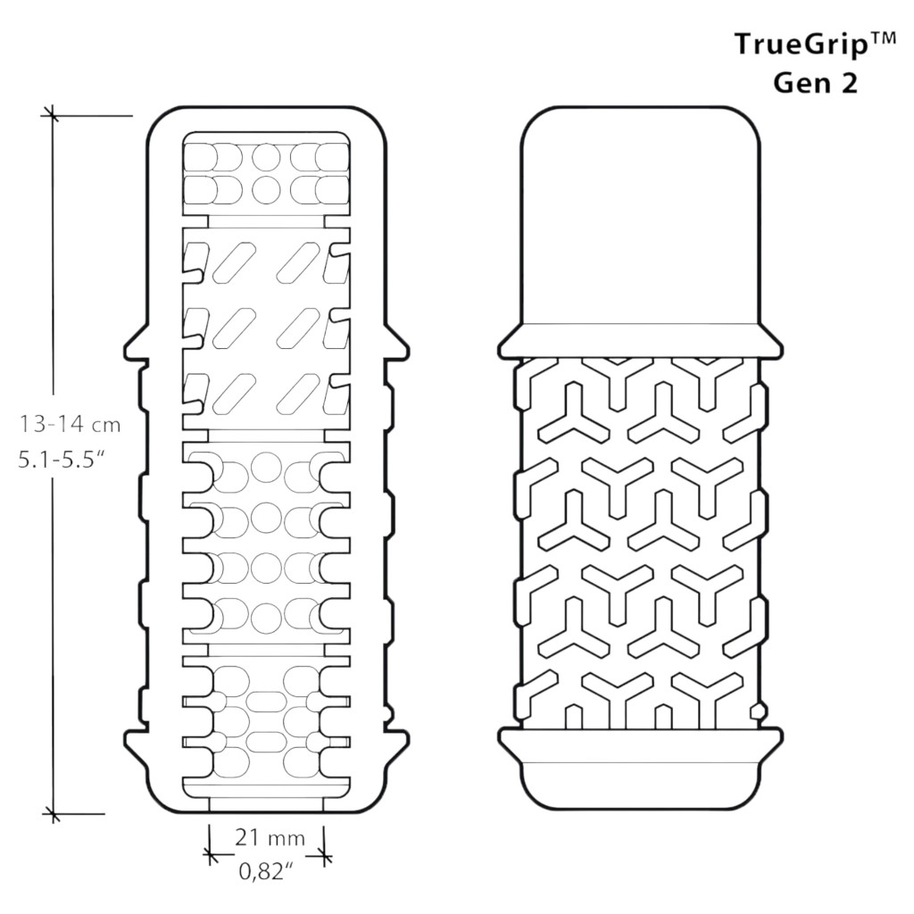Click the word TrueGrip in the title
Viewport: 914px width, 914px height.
tap(801, 46)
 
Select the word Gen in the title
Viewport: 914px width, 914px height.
tap(798, 83)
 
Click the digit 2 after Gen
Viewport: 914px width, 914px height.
tap(849, 83)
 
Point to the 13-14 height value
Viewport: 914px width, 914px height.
tap(50, 424)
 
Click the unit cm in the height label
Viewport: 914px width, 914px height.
tap(105, 426)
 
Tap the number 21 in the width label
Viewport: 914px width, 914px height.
tap(246, 837)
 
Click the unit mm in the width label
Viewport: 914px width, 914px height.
tap(286, 839)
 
